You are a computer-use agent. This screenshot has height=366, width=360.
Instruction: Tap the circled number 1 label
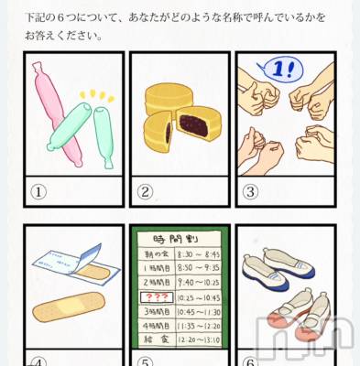click(x=38, y=192)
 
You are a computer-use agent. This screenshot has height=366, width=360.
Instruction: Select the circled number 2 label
click(x=144, y=192)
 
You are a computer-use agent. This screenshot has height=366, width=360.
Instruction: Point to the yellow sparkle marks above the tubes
click(x=95, y=93)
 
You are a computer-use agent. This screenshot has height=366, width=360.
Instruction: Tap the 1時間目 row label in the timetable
click(x=157, y=269)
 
